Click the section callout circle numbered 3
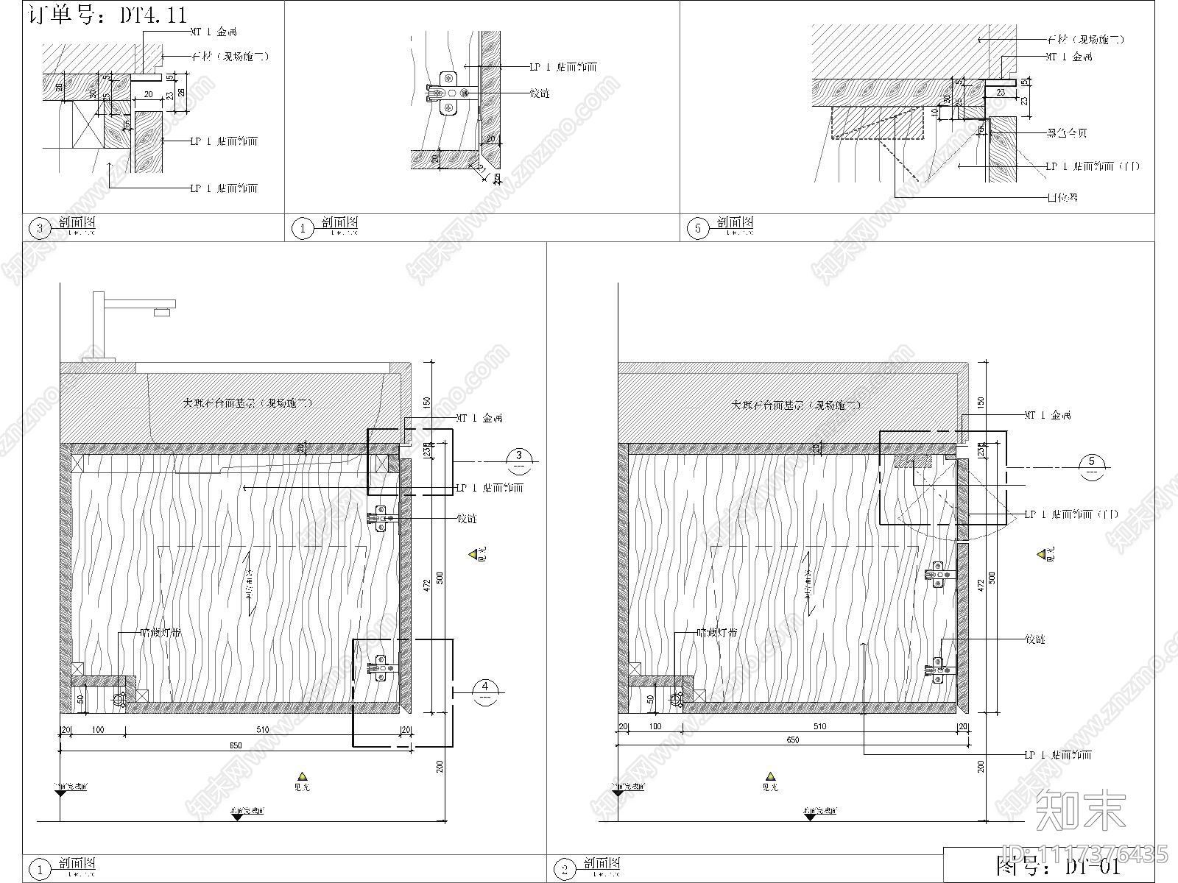point(519,461)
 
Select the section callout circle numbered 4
point(485,692)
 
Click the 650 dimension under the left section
point(235,745)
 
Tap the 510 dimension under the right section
point(819,726)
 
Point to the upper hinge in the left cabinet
point(381,519)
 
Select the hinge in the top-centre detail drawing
point(448,93)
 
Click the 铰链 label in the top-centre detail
point(539,93)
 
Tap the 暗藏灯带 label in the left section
point(161,633)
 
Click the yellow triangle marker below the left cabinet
point(301,776)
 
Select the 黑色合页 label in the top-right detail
point(1067,133)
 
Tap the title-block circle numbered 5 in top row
point(698,229)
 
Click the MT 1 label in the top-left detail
point(213,32)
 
